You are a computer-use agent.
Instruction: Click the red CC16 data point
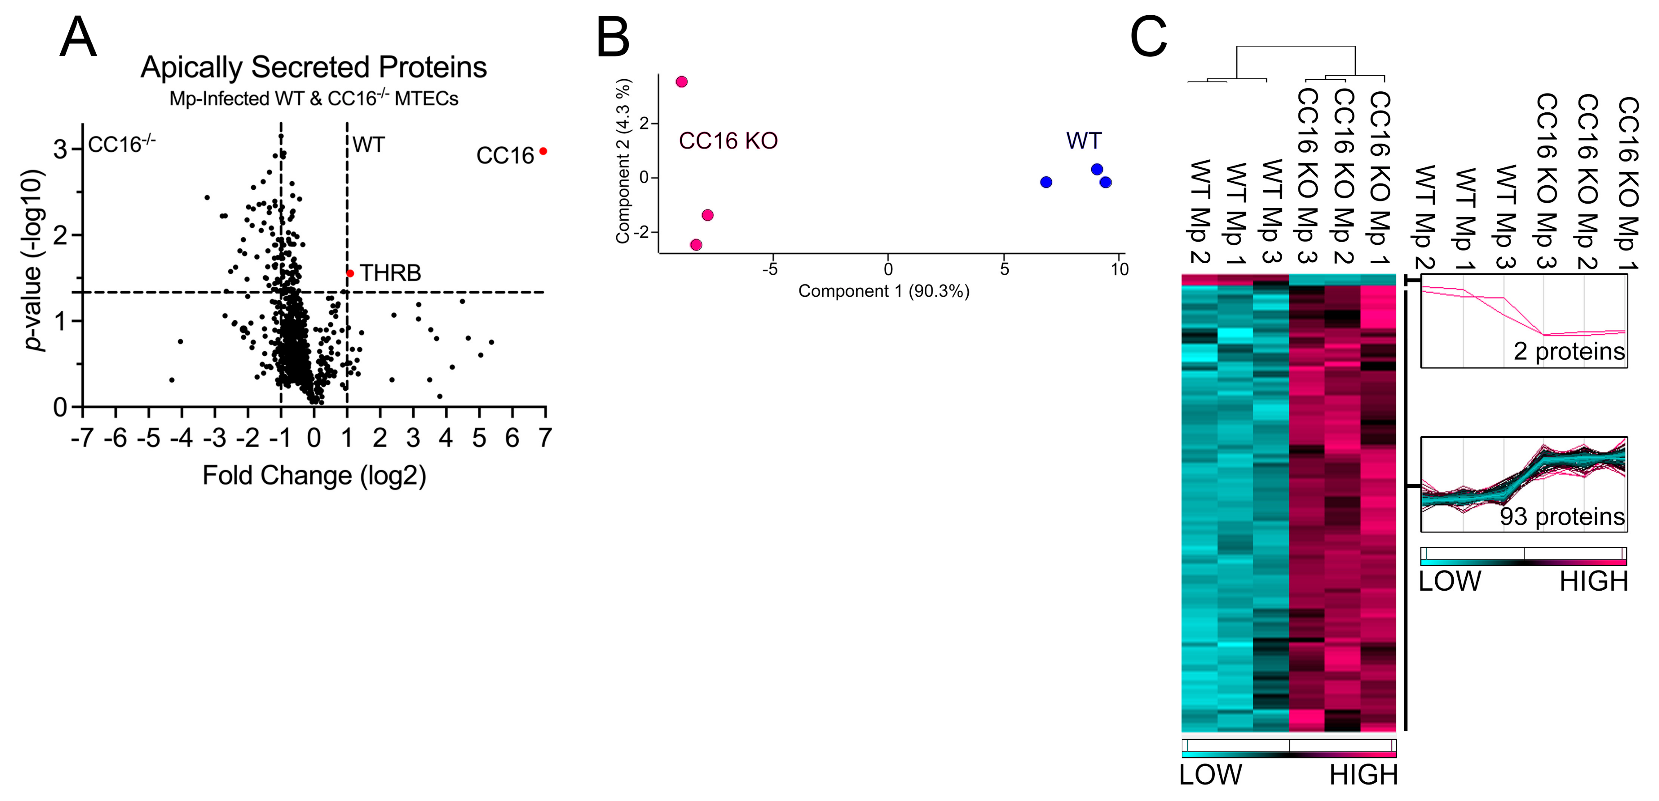(x=543, y=151)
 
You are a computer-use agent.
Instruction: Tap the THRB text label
(x=390, y=273)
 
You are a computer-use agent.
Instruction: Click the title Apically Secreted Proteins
(x=313, y=67)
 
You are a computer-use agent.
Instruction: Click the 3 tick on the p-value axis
(x=60, y=150)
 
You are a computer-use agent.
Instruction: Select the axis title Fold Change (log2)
(x=314, y=476)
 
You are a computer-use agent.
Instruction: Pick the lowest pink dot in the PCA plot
(x=696, y=245)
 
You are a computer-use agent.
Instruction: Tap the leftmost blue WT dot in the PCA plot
(x=1046, y=182)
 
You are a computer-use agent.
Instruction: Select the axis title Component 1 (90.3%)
(x=884, y=291)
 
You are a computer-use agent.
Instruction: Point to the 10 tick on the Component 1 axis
(x=1119, y=269)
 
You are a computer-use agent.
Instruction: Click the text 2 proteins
(x=1569, y=351)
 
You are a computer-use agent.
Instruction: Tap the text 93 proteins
(x=1562, y=517)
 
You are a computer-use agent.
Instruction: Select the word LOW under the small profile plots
(x=1450, y=581)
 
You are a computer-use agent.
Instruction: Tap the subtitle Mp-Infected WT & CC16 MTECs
(x=313, y=99)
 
